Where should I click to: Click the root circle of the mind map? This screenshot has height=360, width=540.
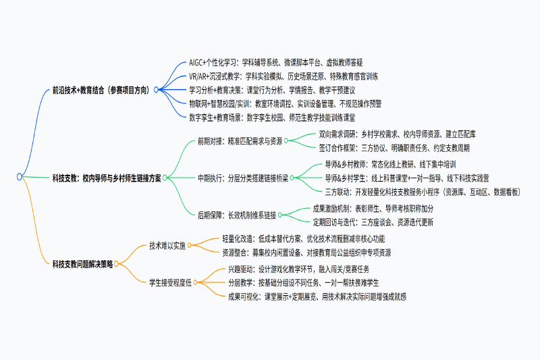pos(20,177)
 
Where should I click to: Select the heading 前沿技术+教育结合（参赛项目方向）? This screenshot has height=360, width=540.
pos(101,91)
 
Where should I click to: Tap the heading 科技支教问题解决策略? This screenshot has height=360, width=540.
pos(82,264)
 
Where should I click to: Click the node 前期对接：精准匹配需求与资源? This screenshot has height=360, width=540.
pos(240,141)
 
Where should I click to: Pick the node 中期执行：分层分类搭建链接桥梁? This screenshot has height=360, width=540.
pos(243,178)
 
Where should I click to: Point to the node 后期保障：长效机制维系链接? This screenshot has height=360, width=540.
pos(237,215)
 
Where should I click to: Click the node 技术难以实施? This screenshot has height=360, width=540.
pos(167,246)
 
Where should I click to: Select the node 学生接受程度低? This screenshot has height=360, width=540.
pos(170,283)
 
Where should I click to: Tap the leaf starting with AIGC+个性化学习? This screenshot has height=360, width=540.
pos(276,62)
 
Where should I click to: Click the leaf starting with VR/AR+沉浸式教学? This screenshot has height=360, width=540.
pos(283,76)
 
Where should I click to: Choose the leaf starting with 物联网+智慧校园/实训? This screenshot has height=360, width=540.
pos(285,104)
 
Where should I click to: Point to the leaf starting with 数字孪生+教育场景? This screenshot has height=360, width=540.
pos(272,118)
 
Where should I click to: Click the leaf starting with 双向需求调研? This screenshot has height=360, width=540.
pos(397,134)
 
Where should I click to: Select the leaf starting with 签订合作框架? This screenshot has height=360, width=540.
pos(394,148)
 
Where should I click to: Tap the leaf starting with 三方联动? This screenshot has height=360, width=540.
pos(423,192)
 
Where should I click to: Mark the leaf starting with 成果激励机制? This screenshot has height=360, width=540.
pos(373,209)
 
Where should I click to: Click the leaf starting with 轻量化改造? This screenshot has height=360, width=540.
pos(303,238)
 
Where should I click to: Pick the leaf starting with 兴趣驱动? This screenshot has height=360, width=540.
pos(298,269)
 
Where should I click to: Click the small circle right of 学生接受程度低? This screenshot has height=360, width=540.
pos(195,282)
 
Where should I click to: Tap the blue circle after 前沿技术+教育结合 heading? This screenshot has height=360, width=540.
pos(156,90)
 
